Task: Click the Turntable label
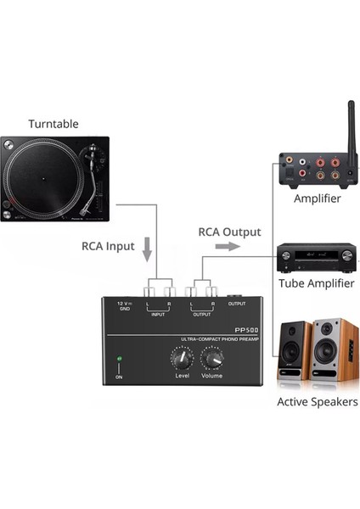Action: click(53, 124)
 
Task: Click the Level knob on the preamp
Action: click(181, 361)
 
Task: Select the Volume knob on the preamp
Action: click(211, 361)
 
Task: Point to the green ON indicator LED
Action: click(120, 361)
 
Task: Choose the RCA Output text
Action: click(229, 231)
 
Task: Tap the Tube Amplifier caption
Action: click(317, 283)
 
